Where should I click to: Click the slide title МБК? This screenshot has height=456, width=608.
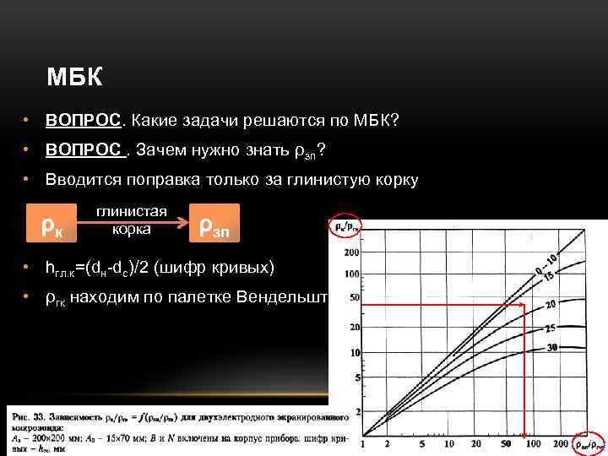74,79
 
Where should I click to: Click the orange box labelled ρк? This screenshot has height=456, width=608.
54,224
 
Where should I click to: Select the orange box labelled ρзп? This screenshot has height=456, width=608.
214,224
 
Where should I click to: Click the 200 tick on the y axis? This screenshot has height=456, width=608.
351,253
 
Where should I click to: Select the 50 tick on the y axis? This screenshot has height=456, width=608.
354,298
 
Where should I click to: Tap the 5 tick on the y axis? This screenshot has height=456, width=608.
356,376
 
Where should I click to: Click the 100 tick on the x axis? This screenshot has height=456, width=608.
533,443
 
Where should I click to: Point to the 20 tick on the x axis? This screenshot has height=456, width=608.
478,443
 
